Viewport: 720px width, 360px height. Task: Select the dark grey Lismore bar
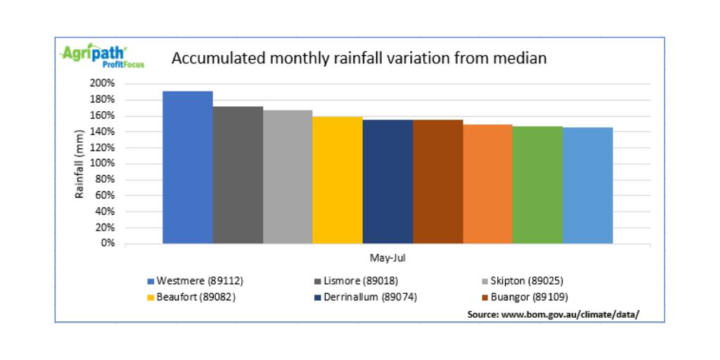(238, 175)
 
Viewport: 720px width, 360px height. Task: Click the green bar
(537, 185)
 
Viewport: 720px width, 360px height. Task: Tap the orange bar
(487, 184)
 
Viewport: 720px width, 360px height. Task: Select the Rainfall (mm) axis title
(79, 163)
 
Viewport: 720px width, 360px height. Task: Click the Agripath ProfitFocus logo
(94, 56)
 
